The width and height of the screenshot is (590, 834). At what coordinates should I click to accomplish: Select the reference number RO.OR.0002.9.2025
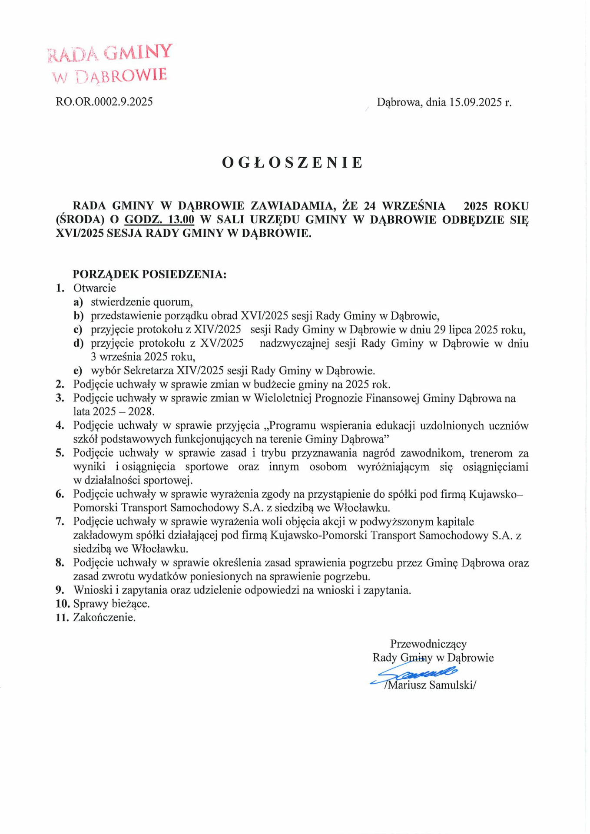click(x=104, y=102)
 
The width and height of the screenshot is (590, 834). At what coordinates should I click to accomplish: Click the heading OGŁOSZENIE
click(x=292, y=162)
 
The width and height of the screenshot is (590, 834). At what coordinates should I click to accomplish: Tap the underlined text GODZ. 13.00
click(x=159, y=219)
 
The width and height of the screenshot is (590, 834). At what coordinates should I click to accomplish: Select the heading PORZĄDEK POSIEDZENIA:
click(x=149, y=274)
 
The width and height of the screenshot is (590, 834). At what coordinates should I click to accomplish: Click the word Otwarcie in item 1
click(x=95, y=288)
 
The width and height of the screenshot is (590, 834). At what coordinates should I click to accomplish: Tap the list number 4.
click(x=60, y=426)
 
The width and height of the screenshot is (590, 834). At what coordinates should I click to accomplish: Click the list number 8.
click(x=60, y=563)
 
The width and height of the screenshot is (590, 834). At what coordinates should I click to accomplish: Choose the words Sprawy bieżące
click(x=111, y=604)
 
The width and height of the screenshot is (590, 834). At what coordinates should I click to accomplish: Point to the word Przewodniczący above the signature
click(x=428, y=644)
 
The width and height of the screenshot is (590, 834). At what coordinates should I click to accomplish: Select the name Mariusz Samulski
click(x=430, y=685)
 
